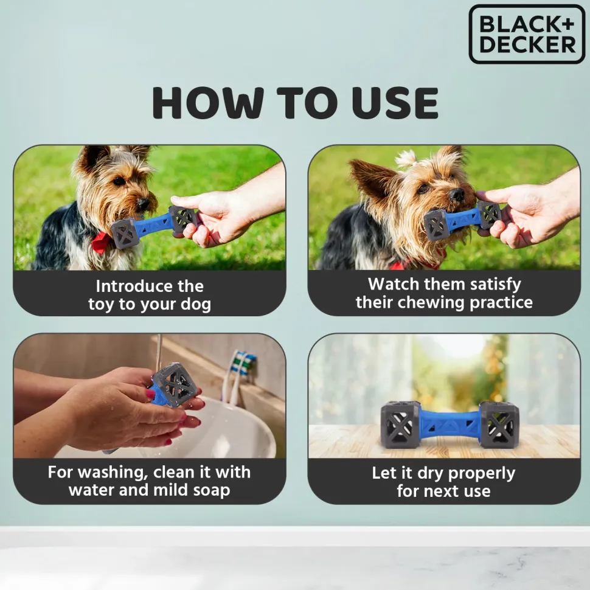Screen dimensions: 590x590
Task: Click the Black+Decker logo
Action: click(527, 34)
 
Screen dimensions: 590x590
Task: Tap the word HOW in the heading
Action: click(208, 102)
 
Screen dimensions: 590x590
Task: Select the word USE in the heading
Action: click(395, 102)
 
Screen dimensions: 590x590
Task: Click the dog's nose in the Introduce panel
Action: click(143, 204)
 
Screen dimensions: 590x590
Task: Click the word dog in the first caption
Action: click(196, 304)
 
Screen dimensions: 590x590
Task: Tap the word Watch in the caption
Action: click(394, 284)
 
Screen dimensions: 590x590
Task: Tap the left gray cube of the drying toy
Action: click(400, 425)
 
